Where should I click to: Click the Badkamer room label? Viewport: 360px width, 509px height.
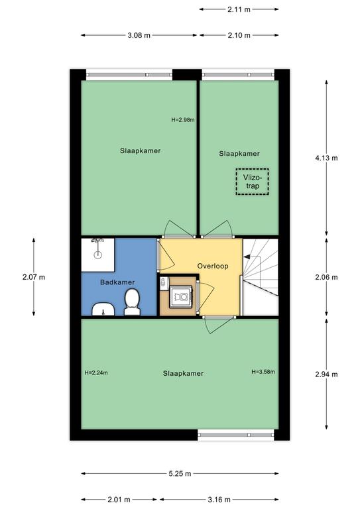117,282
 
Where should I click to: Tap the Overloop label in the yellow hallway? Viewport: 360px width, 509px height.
213,266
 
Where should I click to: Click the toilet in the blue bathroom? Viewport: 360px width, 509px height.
132,302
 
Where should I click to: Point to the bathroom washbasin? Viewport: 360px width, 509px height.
103,310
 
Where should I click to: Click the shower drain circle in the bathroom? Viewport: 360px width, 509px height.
97,255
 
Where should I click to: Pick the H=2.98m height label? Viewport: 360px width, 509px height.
183,120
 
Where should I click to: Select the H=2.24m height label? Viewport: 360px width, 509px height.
96,372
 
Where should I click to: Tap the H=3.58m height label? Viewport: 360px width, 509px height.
263,372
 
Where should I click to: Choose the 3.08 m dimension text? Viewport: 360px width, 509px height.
139,35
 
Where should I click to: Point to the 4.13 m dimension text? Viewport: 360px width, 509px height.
326,158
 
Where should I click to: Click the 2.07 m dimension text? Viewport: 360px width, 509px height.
34,277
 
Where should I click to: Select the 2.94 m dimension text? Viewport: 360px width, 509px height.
326,374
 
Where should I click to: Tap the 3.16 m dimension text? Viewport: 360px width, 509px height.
219,499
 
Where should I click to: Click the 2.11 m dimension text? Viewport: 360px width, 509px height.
239,9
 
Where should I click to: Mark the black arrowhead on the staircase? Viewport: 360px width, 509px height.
247,257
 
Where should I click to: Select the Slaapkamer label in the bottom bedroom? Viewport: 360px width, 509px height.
183,374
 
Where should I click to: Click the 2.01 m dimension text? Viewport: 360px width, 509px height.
119,499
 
